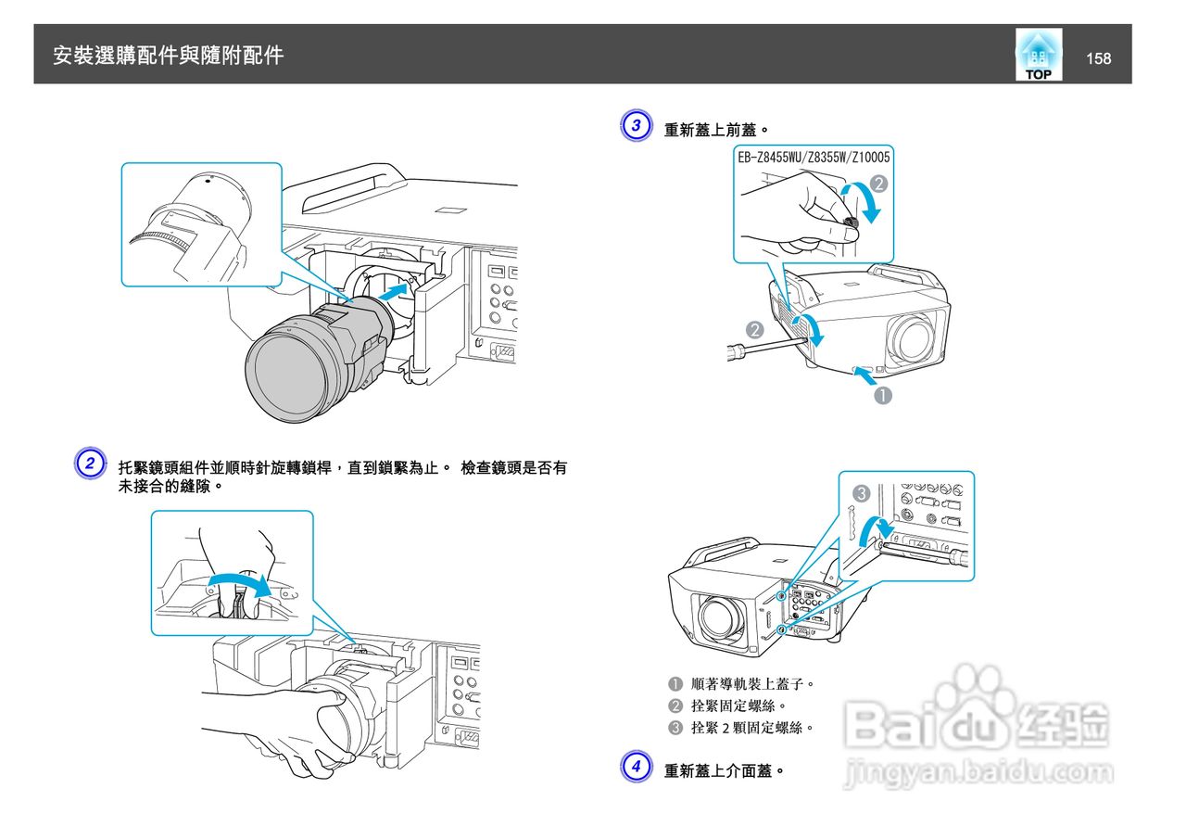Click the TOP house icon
point(1039,54)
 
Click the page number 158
point(1098,58)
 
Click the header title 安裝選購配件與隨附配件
point(168,56)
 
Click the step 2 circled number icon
point(88,464)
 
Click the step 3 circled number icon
point(635,126)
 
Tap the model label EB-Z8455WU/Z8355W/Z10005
point(814,158)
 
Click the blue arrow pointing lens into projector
point(393,294)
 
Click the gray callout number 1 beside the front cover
point(884,396)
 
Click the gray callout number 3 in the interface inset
point(861,494)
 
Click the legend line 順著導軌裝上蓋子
point(751,684)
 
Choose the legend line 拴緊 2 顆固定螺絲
point(751,728)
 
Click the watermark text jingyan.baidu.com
point(978,772)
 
